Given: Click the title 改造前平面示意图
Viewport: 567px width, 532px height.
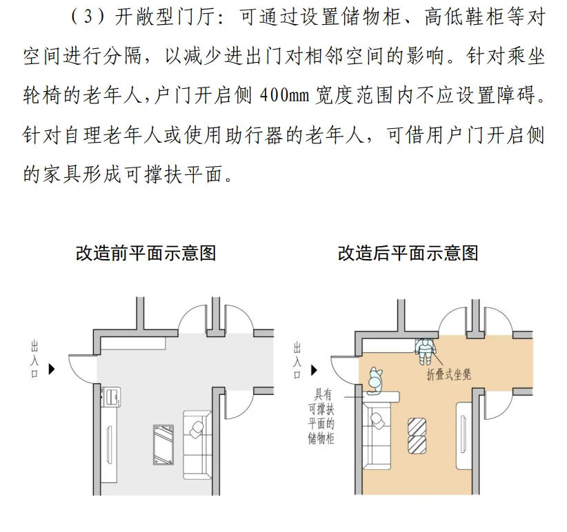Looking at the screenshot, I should (146, 253).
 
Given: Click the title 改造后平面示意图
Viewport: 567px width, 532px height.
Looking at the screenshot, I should (408, 253).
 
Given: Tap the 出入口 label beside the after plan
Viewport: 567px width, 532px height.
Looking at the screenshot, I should (297, 360).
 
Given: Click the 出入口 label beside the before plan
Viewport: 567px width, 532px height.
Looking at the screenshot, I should (35, 360).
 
